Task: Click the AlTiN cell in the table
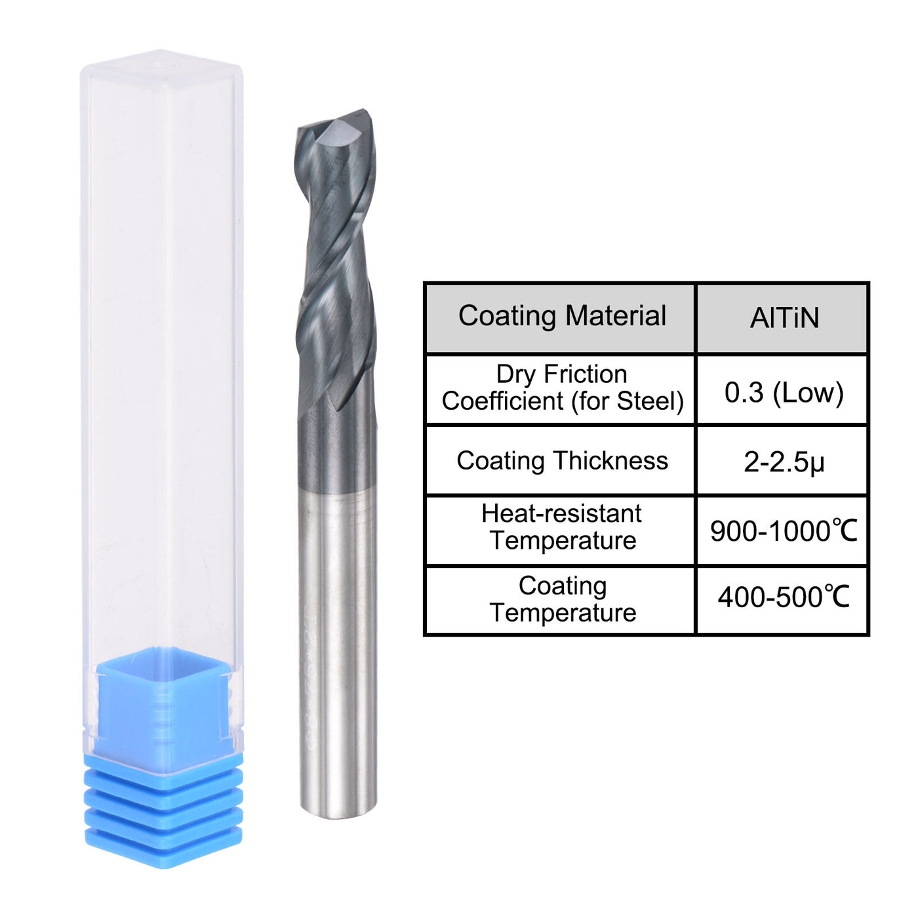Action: point(784,318)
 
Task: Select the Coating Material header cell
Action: point(561,318)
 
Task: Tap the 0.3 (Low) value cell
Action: point(784,391)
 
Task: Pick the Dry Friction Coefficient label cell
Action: point(561,388)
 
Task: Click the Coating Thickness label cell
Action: point(561,461)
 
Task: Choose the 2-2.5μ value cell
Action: point(784,462)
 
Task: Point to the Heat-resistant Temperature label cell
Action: point(561,527)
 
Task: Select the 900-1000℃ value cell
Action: point(784,531)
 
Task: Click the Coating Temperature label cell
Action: point(561,599)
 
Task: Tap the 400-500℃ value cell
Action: point(784,598)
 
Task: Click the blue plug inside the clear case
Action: point(163,702)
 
